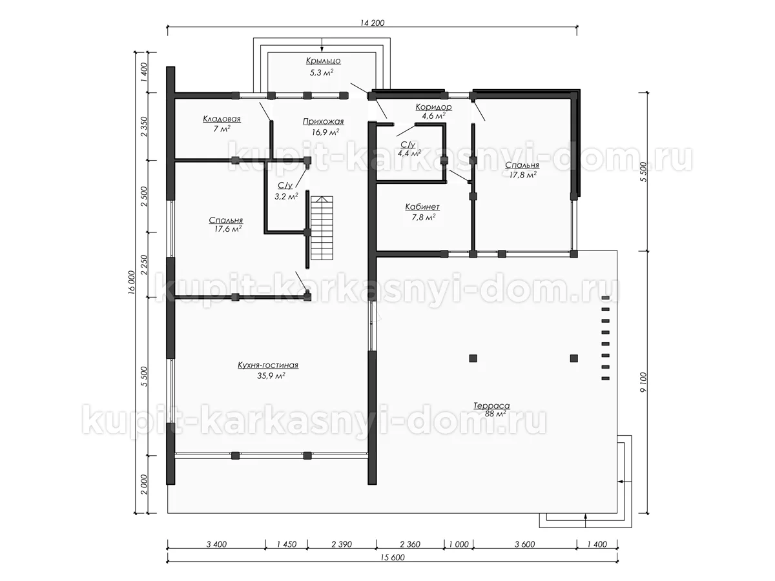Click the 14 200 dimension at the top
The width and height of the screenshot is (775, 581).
372,23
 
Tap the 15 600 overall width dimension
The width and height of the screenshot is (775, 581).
392,557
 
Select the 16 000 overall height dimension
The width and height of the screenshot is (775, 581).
131,282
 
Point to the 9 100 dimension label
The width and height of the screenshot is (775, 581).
644,382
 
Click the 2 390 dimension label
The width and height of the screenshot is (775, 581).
342,544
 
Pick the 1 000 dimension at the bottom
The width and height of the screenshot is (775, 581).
459,544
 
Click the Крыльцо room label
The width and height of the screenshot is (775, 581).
323,61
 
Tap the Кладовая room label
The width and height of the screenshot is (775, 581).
222,119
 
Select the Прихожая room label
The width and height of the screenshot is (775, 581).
323,122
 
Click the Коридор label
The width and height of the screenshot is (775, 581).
433,107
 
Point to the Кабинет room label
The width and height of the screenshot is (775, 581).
422,207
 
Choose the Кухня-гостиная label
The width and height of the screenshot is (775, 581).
268,365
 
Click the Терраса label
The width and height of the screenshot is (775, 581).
491,405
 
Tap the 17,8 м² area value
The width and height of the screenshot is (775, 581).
523,174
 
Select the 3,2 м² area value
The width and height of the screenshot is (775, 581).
286,196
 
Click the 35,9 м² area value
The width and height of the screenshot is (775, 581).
271,376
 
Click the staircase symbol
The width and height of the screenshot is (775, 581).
322,229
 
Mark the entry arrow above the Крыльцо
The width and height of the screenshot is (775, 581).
322,45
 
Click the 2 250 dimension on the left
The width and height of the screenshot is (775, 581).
144,265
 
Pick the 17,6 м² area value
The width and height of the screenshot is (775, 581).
228,229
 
